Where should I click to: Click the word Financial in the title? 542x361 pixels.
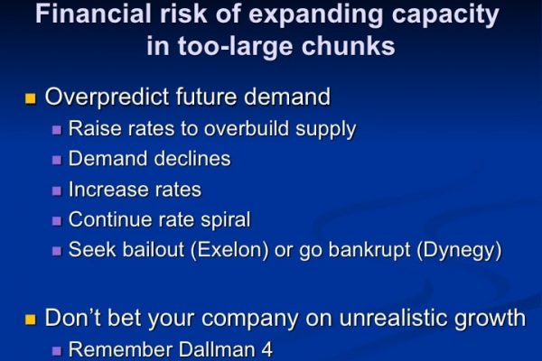tap(93, 14)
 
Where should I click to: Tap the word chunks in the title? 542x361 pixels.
tap(348, 46)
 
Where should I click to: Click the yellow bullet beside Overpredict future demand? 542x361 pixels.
tap(31, 98)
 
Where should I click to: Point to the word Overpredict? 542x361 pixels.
tap(107, 97)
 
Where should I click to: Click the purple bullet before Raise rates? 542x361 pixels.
tap(57, 130)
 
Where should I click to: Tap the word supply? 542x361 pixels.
tap(325, 130)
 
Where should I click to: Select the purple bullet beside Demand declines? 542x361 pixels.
tap(57, 161)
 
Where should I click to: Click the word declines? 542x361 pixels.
tap(192, 159)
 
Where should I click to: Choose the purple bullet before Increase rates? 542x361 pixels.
tap(57, 190)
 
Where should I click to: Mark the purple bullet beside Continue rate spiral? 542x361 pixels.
tap(57, 221)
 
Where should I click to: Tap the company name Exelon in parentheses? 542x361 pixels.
tap(229, 250)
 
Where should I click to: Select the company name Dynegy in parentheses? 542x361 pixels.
tap(460, 251)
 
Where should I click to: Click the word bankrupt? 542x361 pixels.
tap(369, 251)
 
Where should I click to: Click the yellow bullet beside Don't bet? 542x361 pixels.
tap(31, 319)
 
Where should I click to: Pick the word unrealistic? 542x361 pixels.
tap(393, 318)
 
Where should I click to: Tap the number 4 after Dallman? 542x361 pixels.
tap(266, 349)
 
